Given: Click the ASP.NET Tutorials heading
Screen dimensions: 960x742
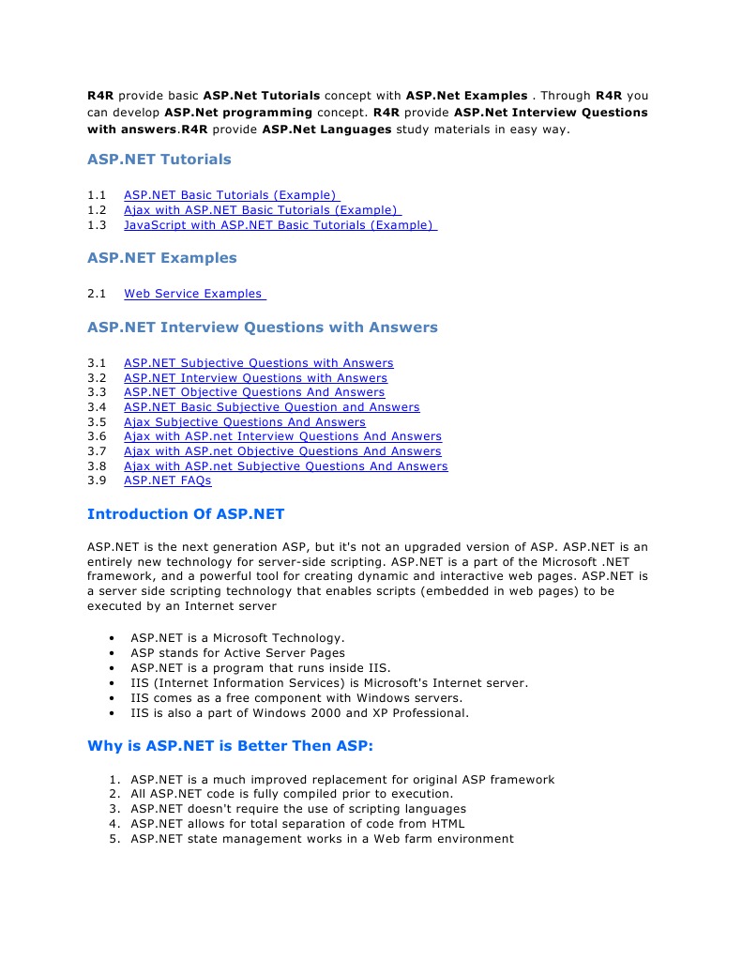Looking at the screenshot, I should [x=159, y=160].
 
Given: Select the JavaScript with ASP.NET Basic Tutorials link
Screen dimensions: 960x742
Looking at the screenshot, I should [x=280, y=225].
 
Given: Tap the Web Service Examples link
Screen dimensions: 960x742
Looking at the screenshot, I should [x=193, y=294].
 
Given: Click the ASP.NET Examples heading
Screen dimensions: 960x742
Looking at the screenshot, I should [x=161, y=258].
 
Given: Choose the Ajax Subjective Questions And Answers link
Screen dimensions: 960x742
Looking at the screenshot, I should [x=244, y=422].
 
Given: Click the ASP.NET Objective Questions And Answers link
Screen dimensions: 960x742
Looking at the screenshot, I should [x=254, y=392].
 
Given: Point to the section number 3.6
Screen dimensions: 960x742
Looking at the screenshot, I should [x=97, y=436].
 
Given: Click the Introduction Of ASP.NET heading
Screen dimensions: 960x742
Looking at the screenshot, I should [x=185, y=514].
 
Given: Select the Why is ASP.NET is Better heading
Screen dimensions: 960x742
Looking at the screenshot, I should [x=230, y=747].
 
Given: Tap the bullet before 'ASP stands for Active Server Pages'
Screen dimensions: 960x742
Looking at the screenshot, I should [x=112, y=653].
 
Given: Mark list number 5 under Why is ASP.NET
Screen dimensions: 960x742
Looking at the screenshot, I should [x=114, y=839].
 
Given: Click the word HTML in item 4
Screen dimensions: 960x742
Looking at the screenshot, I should [x=446, y=824].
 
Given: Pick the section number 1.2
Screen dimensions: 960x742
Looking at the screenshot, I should [x=97, y=210].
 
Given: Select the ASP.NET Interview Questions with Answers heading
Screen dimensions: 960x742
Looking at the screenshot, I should [x=262, y=328].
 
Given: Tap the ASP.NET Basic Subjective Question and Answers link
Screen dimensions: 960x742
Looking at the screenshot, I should [x=271, y=407].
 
